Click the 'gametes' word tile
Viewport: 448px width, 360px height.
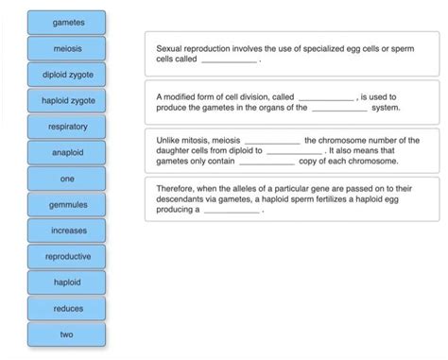pos(67,22)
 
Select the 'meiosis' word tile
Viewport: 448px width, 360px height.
pos(67,48)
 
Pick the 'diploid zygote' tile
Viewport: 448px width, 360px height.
pos(67,74)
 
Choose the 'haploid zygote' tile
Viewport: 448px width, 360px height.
pos(67,100)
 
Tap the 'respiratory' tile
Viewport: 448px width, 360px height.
pos(67,126)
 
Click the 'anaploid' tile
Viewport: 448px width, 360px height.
pos(67,152)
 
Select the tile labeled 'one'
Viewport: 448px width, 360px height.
pos(67,179)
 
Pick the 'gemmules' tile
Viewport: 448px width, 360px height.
pos(67,204)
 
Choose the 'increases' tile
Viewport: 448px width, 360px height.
pos(67,231)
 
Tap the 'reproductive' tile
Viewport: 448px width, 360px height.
pos(67,256)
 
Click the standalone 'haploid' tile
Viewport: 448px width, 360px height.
pos(67,283)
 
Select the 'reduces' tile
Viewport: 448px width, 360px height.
pos(67,308)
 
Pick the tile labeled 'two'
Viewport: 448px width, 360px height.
pos(67,334)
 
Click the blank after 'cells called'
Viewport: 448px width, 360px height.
pos(230,59)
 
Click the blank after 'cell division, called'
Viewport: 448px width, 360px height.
pos(325,97)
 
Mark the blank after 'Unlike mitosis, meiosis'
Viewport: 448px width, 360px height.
pos(271,140)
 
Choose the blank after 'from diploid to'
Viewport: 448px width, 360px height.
pos(294,150)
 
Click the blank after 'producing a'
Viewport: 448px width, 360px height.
pos(232,210)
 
